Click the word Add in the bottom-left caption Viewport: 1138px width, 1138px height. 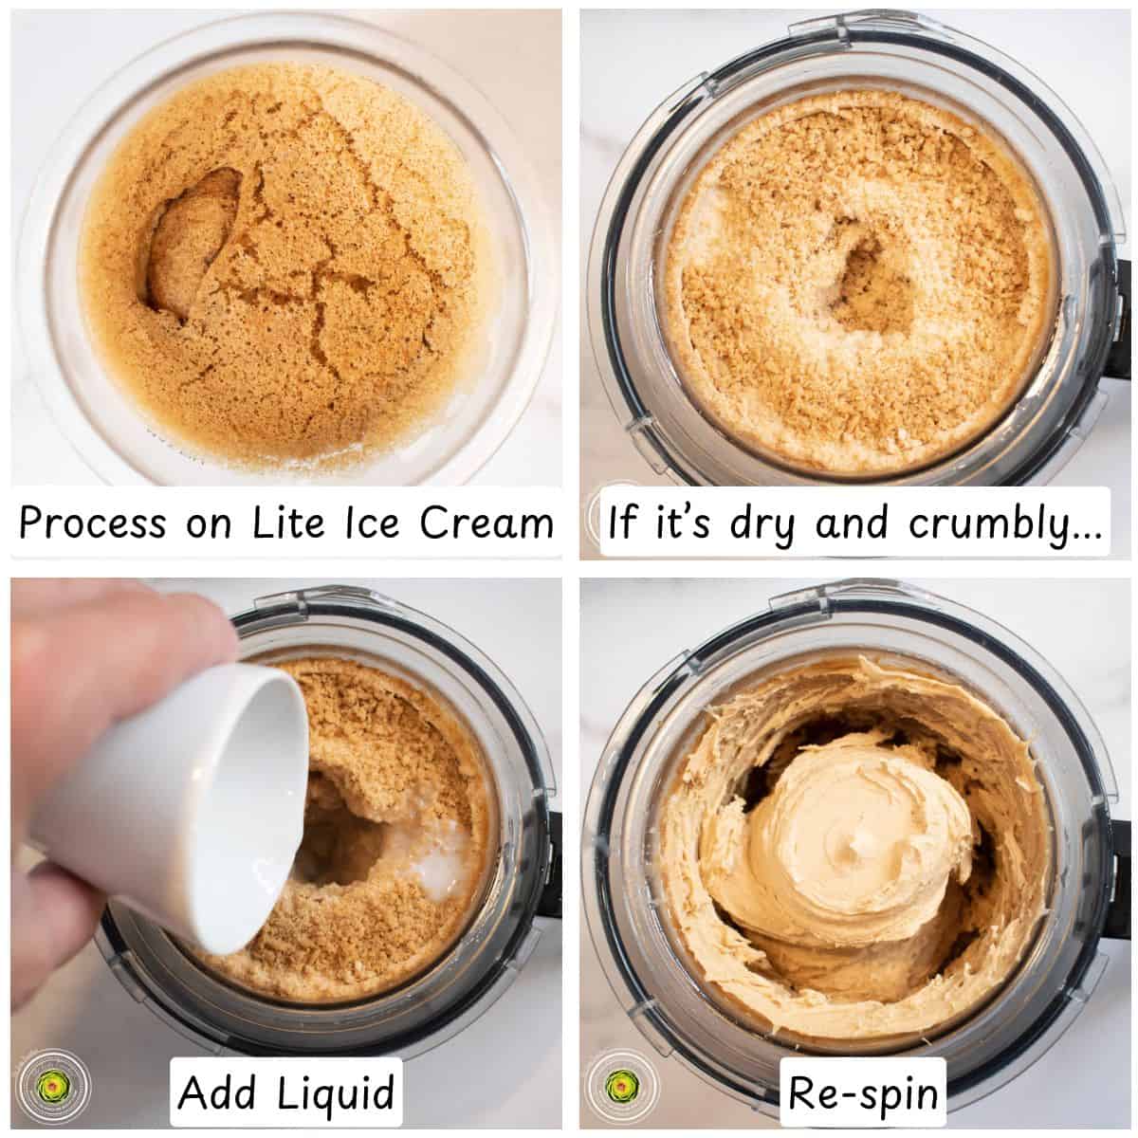coord(217,1093)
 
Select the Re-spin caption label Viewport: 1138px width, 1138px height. coord(862,1093)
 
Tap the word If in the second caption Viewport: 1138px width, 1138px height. coord(624,523)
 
